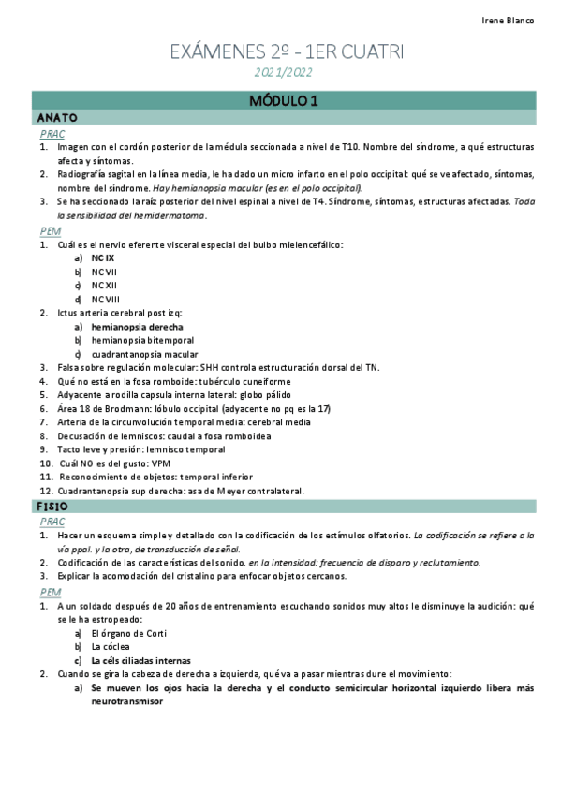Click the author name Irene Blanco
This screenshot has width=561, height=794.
[x=508, y=21]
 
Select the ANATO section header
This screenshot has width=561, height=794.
[x=57, y=118]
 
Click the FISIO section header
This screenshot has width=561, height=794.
[x=53, y=507]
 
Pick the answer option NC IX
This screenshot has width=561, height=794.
[x=103, y=257]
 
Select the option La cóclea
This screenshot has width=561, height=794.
[x=111, y=646]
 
